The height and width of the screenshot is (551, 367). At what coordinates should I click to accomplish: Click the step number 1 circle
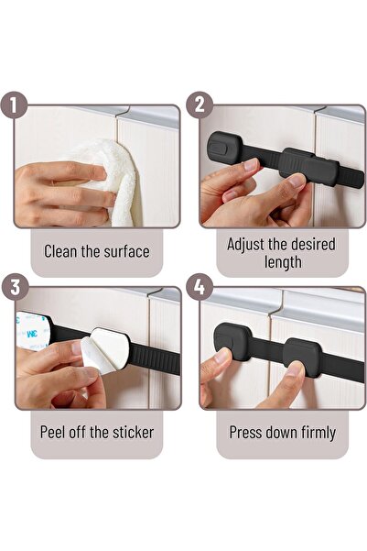click(x=12, y=105)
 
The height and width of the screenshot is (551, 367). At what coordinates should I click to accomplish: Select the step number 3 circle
click(x=12, y=287)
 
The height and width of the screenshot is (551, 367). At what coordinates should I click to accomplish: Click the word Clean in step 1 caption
click(x=63, y=251)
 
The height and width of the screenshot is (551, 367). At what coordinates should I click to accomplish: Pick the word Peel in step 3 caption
click(x=56, y=432)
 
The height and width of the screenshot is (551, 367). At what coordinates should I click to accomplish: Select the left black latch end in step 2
click(x=223, y=147)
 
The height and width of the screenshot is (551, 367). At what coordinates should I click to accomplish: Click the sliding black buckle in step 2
click(x=302, y=165)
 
